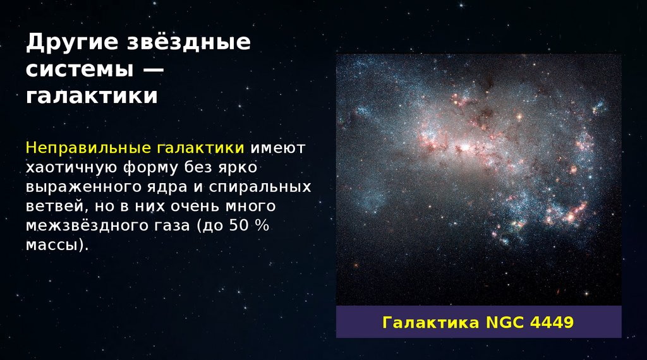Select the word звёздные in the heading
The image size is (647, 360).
point(188,42)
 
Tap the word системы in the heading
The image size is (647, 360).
point(80,69)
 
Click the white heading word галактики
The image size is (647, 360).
point(92,95)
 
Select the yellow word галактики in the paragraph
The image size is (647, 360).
point(200,148)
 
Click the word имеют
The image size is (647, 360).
point(278,148)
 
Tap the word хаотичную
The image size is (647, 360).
point(71,168)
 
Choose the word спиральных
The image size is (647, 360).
point(260,187)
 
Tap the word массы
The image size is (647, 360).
point(54,245)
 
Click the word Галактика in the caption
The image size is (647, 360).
point(431,322)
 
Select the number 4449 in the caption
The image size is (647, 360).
point(552,322)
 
